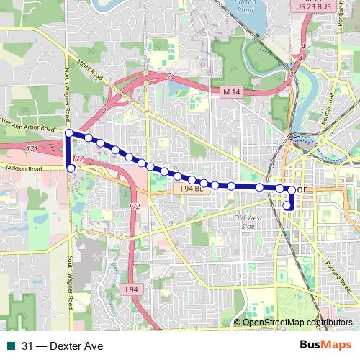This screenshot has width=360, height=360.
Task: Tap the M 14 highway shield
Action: click(230, 92)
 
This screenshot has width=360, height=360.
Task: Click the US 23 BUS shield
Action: click(315, 6)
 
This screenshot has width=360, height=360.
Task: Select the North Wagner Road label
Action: click(66, 94)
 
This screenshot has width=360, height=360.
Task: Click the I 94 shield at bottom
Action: click(130, 289)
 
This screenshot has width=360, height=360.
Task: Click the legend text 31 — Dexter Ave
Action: click(62, 346)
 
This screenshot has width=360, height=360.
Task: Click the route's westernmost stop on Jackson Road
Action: click(71, 168)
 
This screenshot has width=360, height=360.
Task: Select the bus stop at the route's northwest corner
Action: click(69, 133)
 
